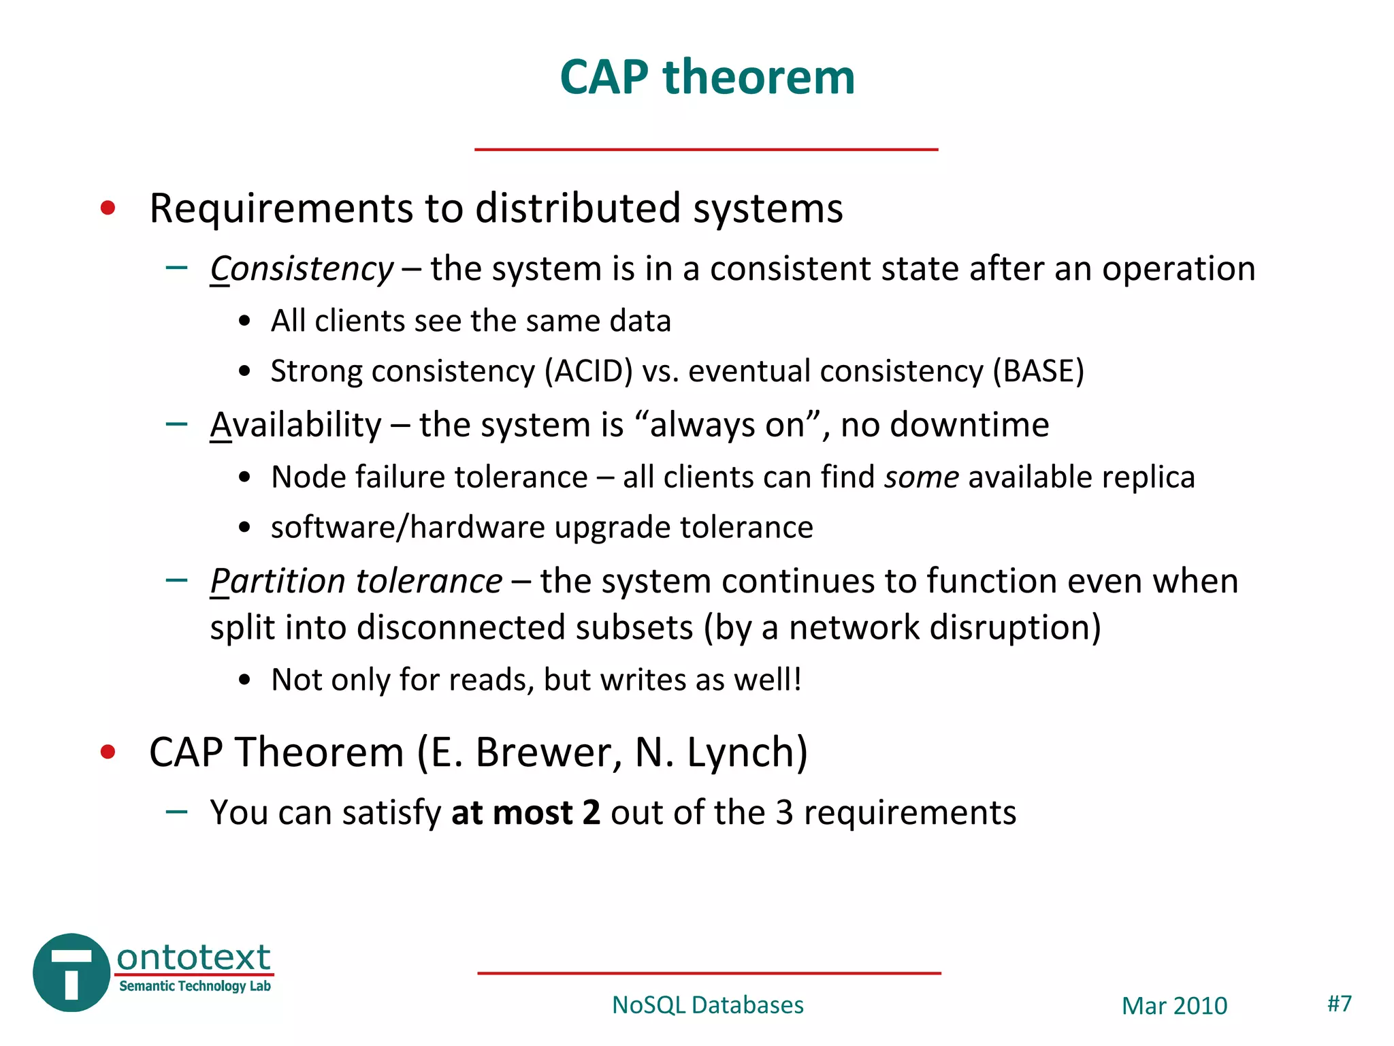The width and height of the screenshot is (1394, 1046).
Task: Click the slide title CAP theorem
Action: tap(707, 77)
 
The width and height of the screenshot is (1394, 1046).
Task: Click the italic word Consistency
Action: tap(302, 269)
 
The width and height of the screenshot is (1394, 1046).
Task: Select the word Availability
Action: tap(296, 425)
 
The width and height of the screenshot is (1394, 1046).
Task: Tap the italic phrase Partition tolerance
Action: tap(356, 581)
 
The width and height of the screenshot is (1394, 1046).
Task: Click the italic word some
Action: tap(922, 477)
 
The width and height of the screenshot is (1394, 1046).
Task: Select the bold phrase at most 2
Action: tap(525, 812)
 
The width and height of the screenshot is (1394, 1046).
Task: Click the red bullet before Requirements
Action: tap(108, 208)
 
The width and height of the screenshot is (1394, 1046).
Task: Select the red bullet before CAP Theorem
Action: tap(108, 752)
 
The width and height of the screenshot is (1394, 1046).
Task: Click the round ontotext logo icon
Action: tap(71, 972)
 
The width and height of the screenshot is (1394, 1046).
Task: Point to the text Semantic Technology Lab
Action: tap(195, 986)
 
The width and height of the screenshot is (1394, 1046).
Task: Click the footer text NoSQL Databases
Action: tap(707, 1005)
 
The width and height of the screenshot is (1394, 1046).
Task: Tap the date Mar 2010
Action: tap(1174, 1006)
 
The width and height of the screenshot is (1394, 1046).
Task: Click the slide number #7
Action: tap(1340, 1003)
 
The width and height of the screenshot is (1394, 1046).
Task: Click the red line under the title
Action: tap(706, 149)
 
